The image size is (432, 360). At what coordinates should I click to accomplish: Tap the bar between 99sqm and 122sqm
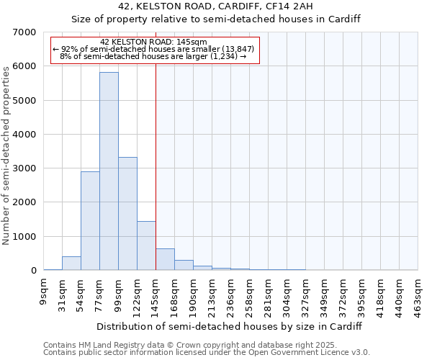(x=127, y=214)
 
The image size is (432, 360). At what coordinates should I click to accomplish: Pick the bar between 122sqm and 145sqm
(x=146, y=246)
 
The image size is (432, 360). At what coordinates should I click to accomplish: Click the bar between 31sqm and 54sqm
(x=71, y=264)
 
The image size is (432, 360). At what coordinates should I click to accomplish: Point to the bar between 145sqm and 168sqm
(x=165, y=259)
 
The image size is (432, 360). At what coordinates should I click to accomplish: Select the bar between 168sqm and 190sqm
(x=184, y=265)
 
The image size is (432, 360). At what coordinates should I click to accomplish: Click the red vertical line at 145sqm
(x=156, y=166)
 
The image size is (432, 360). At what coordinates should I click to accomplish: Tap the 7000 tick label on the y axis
(x=24, y=32)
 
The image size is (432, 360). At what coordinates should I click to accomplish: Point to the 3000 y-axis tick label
(x=24, y=168)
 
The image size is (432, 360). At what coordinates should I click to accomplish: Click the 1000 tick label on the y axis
(x=24, y=237)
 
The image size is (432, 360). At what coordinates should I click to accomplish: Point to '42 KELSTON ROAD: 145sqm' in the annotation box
(x=154, y=42)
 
